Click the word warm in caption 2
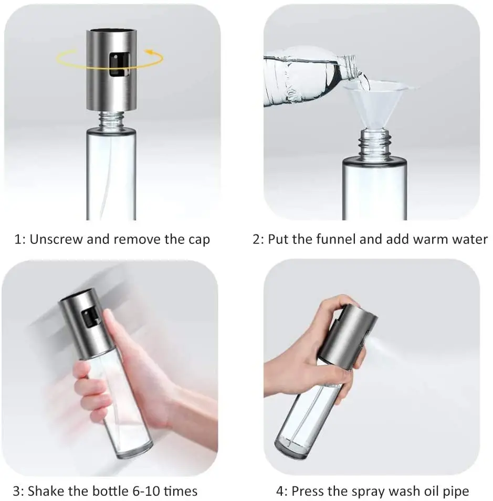tap(431, 240)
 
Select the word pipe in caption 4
tap(456, 492)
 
